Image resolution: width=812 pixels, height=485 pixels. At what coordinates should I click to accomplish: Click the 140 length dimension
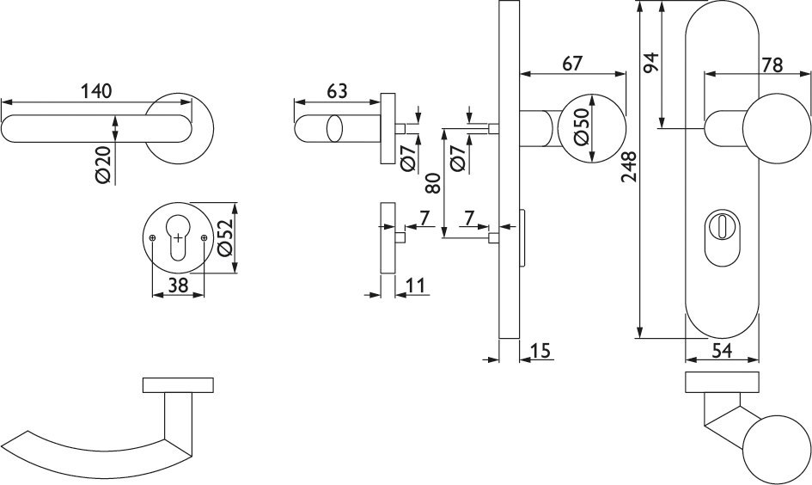(97, 90)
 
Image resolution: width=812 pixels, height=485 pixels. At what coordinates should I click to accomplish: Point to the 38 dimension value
(178, 287)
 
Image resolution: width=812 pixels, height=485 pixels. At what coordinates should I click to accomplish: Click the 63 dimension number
(337, 90)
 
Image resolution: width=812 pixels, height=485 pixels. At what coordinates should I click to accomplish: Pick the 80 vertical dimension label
(433, 184)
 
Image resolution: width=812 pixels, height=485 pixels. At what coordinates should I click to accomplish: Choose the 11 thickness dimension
(417, 285)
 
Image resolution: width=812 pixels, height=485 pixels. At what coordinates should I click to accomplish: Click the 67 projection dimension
(572, 63)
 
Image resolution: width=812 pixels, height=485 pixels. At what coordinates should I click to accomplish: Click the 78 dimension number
(771, 64)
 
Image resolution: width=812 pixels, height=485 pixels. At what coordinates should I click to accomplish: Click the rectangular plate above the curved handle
(177, 384)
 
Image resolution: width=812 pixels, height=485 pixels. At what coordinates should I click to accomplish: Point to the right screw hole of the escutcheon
(203, 238)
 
